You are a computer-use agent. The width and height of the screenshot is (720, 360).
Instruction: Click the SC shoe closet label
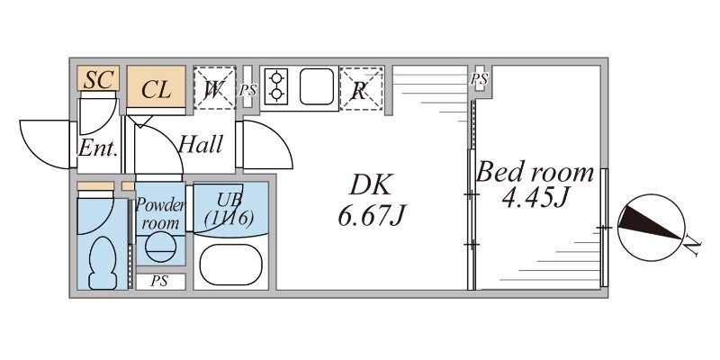tap(98, 80)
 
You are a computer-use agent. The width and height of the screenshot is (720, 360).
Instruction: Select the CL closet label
tap(156, 89)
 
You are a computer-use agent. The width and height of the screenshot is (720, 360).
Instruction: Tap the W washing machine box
tap(214, 87)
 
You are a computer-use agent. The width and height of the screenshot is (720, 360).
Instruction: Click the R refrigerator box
tap(361, 88)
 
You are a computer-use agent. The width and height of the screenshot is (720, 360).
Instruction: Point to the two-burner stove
tap(276, 85)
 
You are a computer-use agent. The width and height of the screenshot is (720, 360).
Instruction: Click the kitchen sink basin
tap(317, 86)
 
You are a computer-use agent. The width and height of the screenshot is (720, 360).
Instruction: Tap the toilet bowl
tap(103, 263)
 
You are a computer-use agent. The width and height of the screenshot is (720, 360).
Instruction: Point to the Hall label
tap(201, 145)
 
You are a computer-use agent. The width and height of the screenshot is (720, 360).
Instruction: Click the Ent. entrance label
tap(98, 148)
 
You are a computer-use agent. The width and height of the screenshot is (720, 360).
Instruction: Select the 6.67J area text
tap(373, 215)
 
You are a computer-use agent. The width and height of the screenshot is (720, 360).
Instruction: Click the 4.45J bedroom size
tap(535, 198)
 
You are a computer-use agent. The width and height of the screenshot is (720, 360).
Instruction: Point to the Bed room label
tap(535, 173)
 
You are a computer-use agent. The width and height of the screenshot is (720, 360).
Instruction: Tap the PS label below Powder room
tap(160, 282)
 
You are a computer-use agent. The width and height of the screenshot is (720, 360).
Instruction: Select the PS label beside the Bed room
tap(479, 79)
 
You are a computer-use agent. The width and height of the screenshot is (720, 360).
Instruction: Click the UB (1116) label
tap(229, 210)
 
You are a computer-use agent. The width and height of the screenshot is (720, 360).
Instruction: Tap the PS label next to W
tap(247, 91)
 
